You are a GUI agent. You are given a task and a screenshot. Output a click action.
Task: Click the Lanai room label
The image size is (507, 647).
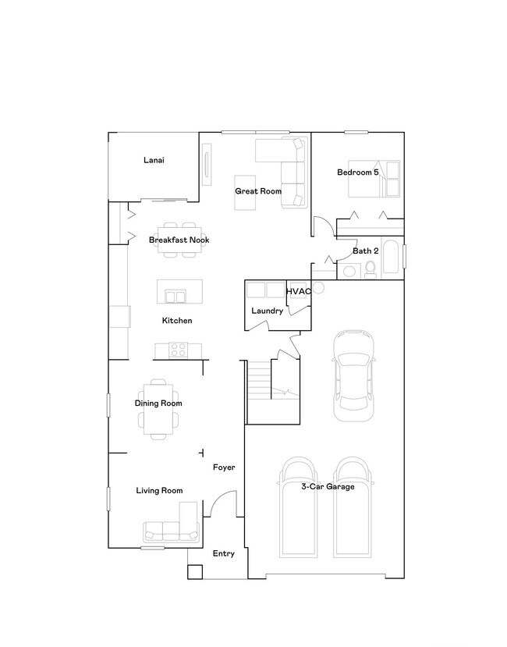[x=154, y=161]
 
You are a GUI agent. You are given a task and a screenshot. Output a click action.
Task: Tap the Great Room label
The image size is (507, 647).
[x=258, y=191]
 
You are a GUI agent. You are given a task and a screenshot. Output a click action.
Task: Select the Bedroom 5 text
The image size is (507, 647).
[x=357, y=172]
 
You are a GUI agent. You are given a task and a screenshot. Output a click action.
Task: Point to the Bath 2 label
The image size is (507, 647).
[x=365, y=251]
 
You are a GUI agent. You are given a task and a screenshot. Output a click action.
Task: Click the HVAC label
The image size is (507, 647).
[x=299, y=292]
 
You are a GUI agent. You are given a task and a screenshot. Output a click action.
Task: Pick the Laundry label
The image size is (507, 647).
[x=267, y=311]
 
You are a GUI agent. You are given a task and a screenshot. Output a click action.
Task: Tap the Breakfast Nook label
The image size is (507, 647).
[x=179, y=240]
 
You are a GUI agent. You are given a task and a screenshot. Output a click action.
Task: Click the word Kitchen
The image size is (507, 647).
[x=177, y=321]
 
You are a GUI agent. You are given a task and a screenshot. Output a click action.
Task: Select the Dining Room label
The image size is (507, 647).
[x=158, y=403]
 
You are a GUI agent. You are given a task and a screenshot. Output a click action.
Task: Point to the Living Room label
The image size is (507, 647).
[x=159, y=491]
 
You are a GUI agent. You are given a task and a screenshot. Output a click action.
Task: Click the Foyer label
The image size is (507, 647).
[x=225, y=467]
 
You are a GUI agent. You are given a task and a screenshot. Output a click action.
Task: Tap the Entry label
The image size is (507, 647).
[x=224, y=554]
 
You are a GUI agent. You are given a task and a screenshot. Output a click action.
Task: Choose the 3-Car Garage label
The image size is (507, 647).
[x=328, y=487]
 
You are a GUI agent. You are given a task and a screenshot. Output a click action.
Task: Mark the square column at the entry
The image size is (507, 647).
[x=194, y=571]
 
